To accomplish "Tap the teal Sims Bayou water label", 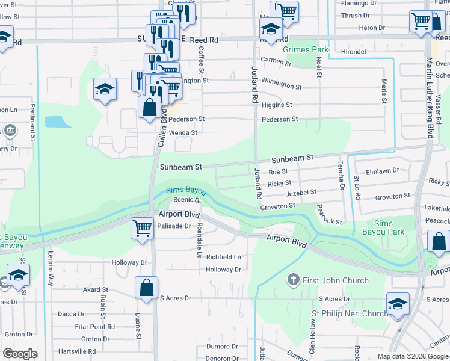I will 186,190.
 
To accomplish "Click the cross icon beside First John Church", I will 293,280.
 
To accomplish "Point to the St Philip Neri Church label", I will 349,313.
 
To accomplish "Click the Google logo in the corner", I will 20,353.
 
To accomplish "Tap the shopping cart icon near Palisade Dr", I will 142,228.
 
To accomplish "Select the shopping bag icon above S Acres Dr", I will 147,287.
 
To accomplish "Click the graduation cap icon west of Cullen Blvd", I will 105,90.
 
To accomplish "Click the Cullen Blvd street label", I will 161,129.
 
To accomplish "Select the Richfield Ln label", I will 223,257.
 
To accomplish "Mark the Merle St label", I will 383,91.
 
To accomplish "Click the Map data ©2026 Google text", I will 411,356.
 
